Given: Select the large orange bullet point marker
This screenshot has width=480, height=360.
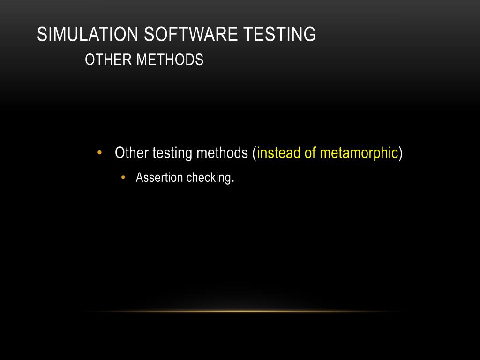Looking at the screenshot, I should point(99,153).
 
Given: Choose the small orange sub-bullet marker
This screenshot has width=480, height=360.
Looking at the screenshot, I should point(123,178).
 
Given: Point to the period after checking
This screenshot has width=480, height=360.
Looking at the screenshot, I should point(232,181).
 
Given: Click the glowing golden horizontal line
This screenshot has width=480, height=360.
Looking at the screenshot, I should point(244,311).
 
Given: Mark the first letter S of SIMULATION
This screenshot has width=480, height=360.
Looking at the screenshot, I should point(41,35).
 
